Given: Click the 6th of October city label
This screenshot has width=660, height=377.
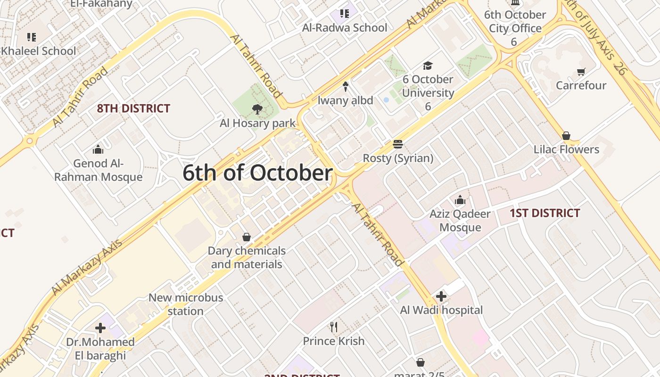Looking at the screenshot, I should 257,173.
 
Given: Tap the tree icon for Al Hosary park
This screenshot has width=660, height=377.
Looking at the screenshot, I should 257,109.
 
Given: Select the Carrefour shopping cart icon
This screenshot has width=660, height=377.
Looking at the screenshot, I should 581,72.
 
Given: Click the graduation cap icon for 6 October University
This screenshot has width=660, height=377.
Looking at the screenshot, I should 428,66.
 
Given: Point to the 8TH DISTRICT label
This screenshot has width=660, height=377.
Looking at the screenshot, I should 133,108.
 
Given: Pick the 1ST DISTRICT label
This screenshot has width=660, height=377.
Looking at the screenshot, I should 544,213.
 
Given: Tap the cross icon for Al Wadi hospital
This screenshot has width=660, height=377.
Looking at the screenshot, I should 441,296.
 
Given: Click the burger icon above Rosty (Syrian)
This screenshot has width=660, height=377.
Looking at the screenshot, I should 398,144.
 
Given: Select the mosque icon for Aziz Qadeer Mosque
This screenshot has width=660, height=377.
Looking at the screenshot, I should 460,200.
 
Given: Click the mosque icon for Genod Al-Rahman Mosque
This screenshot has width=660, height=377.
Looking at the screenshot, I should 98,149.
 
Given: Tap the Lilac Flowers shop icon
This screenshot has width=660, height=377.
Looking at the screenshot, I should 566,136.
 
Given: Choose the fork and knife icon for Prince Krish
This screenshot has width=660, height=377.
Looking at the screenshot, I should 334,327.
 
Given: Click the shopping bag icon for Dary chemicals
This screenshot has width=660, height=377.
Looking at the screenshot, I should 246,237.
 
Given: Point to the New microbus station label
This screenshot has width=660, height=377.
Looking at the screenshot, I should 186,304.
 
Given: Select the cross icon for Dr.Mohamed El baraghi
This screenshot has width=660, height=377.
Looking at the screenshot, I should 100,328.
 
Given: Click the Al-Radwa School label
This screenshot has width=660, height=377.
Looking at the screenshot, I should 345,28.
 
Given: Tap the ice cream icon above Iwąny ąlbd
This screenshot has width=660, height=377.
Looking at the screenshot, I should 345,86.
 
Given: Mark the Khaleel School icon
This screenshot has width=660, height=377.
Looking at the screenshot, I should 32,37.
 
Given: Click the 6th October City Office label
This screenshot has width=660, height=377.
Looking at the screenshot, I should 515,22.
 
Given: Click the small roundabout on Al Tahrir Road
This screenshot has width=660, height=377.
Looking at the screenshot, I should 30,140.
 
